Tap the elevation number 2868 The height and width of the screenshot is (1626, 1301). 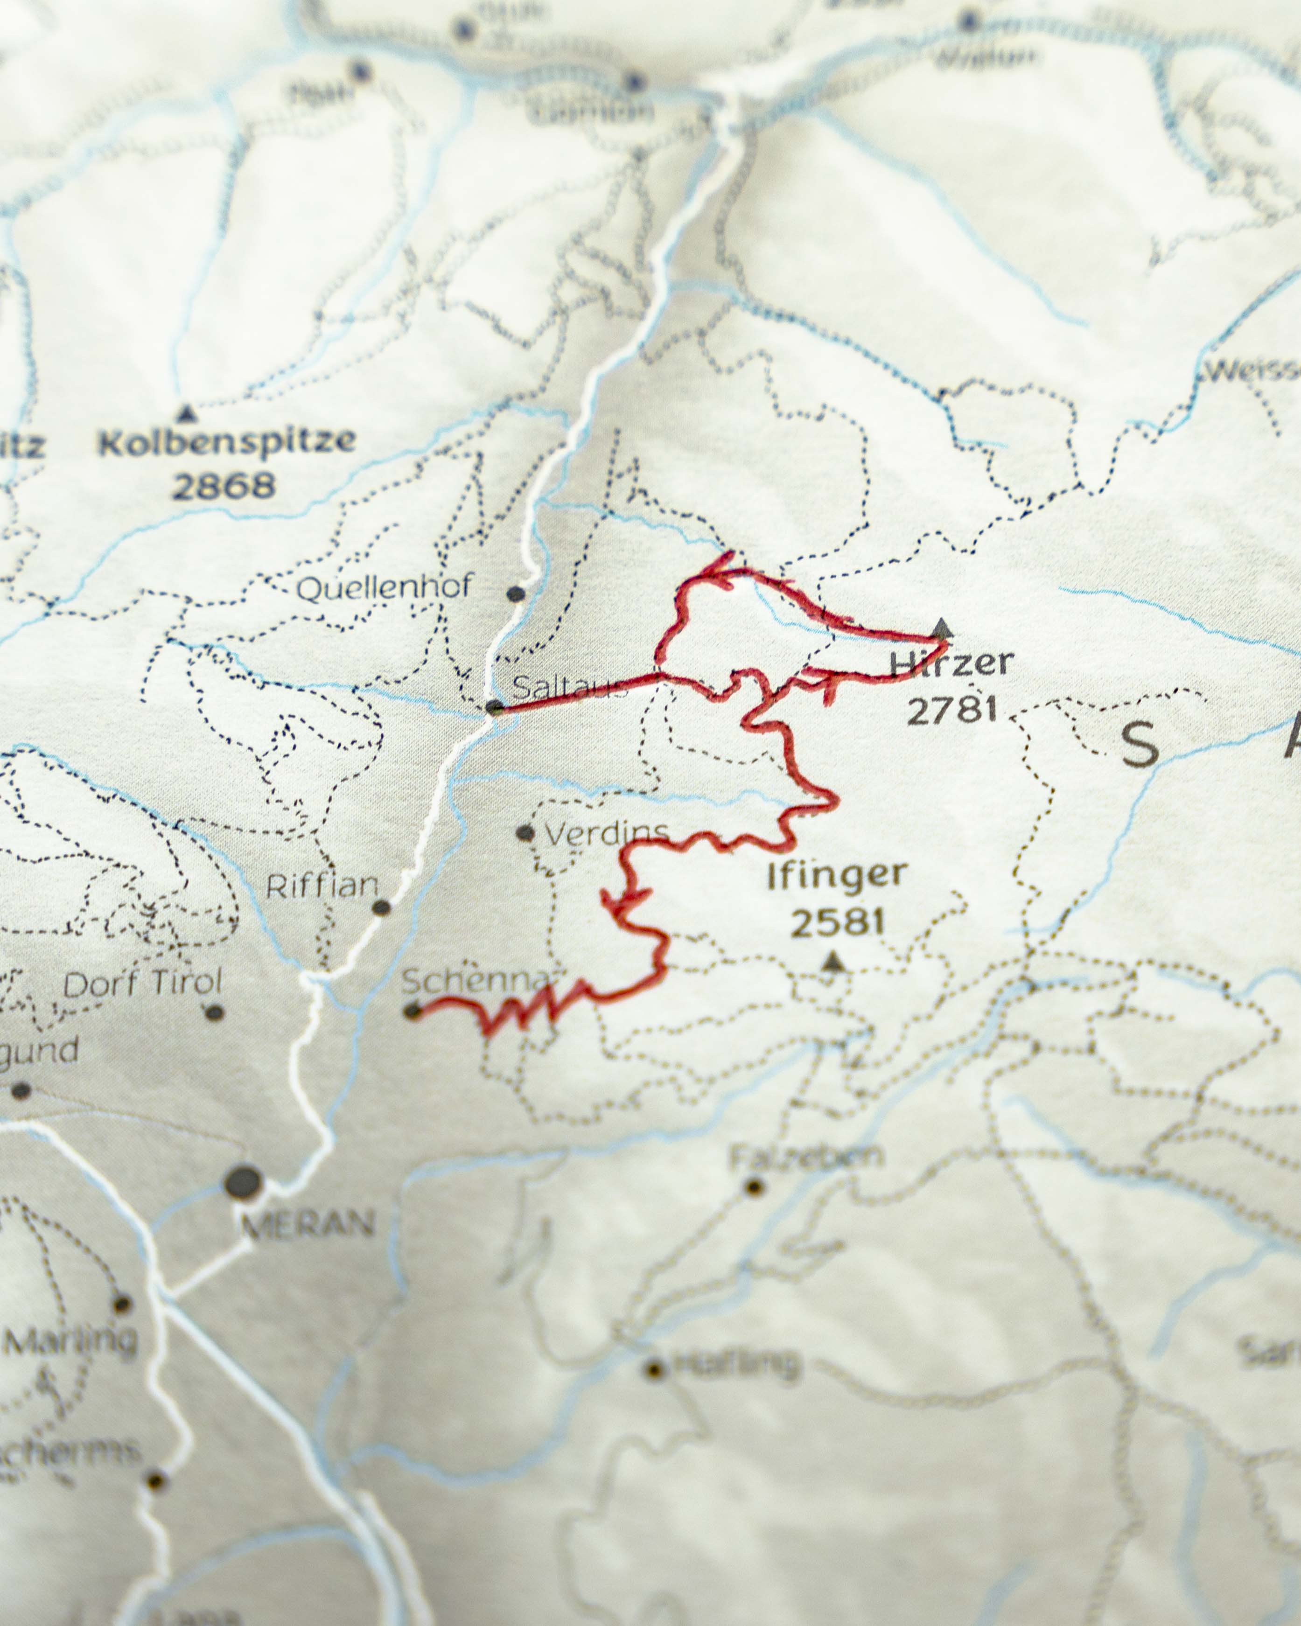(x=223, y=487)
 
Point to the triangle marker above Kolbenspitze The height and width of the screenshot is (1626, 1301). (x=186, y=413)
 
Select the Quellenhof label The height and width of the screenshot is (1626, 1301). (x=385, y=587)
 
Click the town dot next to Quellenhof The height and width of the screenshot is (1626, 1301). (x=516, y=593)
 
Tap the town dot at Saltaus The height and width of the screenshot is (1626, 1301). (x=495, y=707)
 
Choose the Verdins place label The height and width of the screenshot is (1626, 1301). (x=606, y=833)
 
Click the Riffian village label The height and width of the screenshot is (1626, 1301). (x=322, y=886)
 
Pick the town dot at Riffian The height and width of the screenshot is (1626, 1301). (x=382, y=907)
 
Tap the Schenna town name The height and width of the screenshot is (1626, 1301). (x=475, y=980)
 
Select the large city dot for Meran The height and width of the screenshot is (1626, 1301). (x=243, y=1182)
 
